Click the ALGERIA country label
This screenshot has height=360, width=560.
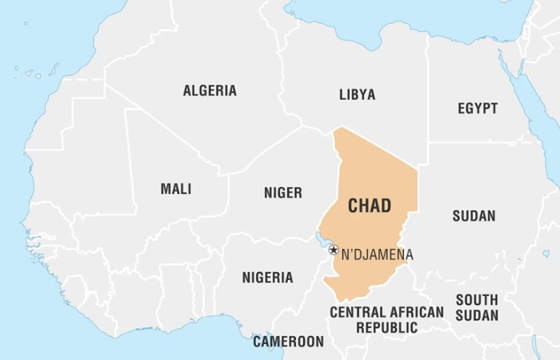point(210,90)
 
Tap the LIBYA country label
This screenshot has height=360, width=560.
point(357,94)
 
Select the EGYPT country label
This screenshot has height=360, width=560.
point(478,108)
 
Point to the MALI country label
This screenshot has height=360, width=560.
point(176,189)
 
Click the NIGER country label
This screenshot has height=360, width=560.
point(283,193)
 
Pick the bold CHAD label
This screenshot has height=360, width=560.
point(370,206)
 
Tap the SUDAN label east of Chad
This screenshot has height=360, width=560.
point(474,216)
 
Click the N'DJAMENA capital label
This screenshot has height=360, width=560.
point(378,255)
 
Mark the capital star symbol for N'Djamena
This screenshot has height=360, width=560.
point(334,250)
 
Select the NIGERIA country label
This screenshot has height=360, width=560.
point(267,278)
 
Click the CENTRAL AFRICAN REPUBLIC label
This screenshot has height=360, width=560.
point(386,319)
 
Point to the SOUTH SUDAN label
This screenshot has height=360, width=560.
point(477,307)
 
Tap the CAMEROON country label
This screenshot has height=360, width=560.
point(289,342)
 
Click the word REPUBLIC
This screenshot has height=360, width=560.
point(386,327)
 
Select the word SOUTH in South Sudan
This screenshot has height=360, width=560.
point(477,299)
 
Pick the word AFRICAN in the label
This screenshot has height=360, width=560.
point(414,312)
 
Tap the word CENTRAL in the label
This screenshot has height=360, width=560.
point(357,312)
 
